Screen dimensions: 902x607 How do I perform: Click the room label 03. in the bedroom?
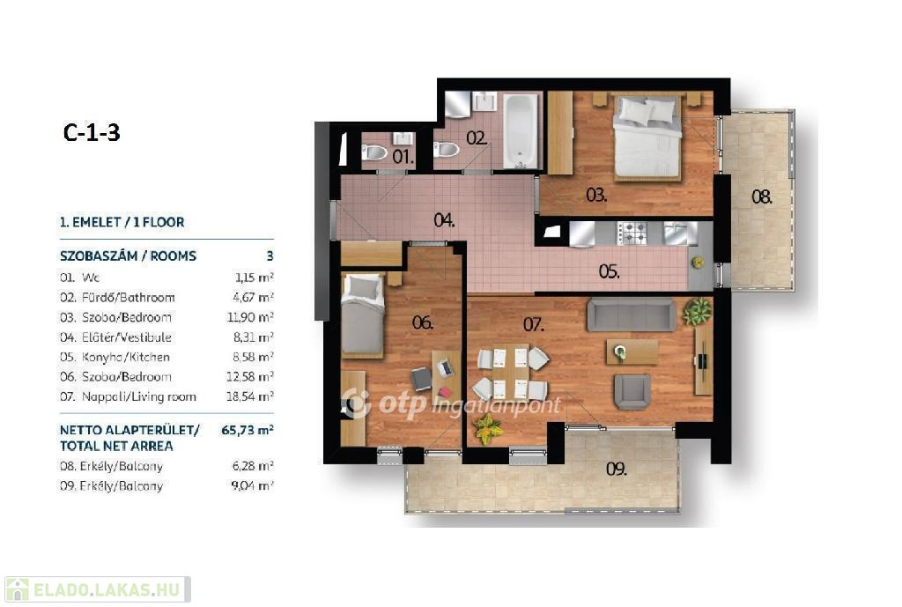pos(596,195)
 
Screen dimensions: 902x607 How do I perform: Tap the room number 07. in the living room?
pos(533,324)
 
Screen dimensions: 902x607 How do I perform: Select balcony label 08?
pos(762,196)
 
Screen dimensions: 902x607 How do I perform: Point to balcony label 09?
pos(616,469)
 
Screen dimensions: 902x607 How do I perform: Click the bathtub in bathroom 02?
pos(521,131)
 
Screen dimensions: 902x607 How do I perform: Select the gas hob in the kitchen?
pos(632,233)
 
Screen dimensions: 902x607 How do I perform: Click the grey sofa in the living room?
pos(631,315)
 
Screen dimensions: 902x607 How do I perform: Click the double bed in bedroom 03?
pos(647,137)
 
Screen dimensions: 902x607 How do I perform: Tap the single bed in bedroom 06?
pos(362,315)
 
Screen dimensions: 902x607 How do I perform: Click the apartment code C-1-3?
pos(92,132)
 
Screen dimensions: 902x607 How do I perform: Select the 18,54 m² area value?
pos(249,396)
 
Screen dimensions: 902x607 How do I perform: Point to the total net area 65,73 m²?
pos(248,430)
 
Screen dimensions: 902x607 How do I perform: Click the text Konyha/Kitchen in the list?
pos(125,357)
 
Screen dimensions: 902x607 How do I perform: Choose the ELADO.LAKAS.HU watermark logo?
pos(97,589)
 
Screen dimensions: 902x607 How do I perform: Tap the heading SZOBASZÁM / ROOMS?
pos(128,256)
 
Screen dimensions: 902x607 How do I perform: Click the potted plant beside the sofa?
pos(698,312)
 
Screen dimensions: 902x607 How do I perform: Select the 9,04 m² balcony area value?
pos(252,485)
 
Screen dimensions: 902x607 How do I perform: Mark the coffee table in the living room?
pos(632,352)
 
